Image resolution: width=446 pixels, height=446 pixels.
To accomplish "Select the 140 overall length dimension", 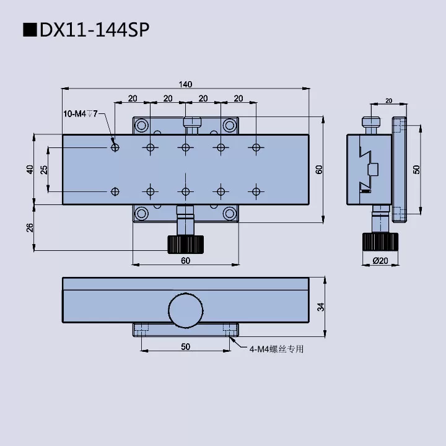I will [x=185, y=84].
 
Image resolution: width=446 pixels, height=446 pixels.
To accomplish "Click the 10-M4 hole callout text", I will [x=81, y=113].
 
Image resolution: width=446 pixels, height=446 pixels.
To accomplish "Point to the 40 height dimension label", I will [x=30, y=170].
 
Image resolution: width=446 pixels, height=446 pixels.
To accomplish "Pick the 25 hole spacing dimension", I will [x=44, y=170].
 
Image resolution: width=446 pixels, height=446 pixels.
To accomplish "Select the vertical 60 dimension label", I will [x=318, y=170].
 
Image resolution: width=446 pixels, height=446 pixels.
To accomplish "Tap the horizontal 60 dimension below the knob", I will [x=185, y=260].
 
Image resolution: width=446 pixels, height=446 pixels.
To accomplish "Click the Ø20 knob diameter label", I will [x=380, y=261].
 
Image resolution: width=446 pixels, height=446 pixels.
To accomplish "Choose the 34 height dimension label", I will [x=320, y=307].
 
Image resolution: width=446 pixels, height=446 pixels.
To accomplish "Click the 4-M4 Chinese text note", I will [x=276, y=349].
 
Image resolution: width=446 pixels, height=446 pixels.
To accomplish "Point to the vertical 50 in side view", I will [x=416, y=170].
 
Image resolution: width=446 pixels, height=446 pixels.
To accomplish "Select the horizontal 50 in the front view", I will [x=185, y=347].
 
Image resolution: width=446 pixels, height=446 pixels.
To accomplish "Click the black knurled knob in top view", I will [x=185, y=244].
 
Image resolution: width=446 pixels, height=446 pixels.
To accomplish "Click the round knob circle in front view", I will [x=185, y=309].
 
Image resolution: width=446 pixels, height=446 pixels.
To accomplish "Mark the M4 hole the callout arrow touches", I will [x=115, y=147].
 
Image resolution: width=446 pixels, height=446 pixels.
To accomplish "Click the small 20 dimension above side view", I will [x=388, y=100].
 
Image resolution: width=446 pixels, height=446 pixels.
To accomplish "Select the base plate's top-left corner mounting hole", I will [x=142, y=125].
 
